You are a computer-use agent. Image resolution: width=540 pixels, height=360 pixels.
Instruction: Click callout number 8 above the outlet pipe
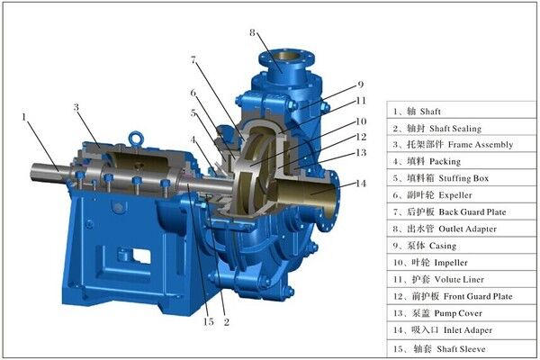pyautogui.click(x=252, y=32)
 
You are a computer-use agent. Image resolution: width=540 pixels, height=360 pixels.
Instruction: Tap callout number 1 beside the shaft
pyautogui.click(x=24, y=117)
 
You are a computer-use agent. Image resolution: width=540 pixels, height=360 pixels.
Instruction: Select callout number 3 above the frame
pyautogui.click(x=76, y=107)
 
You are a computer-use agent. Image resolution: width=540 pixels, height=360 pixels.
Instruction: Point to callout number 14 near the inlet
pyautogui.click(x=361, y=184)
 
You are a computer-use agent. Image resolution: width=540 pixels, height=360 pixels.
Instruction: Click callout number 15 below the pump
pyautogui.click(x=209, y=322)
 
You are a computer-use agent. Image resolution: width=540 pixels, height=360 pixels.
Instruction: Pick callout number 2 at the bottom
pyautogui.click(x=226, y=322)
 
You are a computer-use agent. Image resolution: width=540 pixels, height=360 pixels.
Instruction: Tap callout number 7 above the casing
pyautogui.click(x=193, y=60)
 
